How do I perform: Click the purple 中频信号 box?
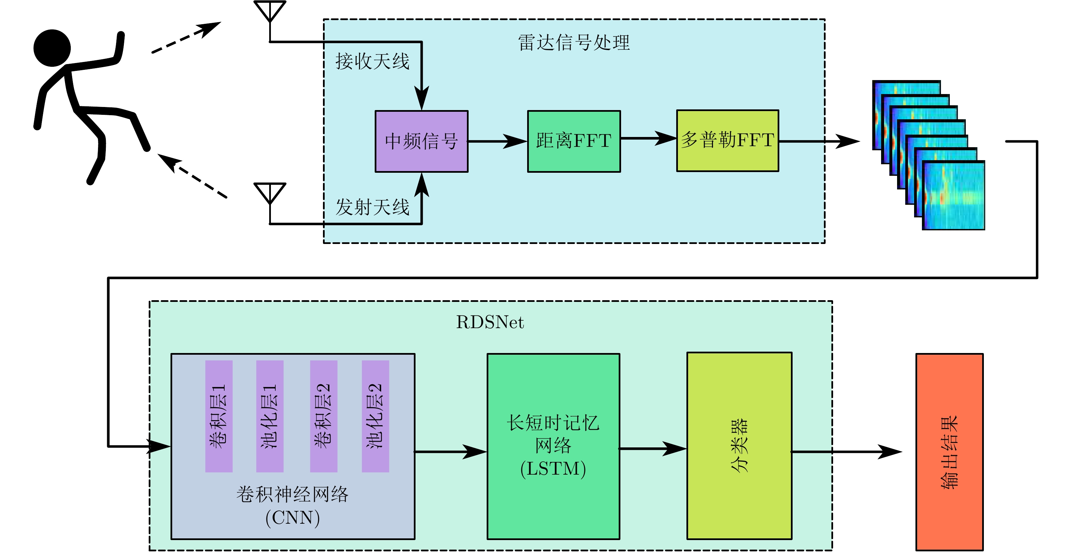pos(421,141)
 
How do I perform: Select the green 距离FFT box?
pos(574,141)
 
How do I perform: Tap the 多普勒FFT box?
pos(728,140)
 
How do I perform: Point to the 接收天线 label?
pos(372,62)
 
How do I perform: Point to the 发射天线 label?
pos(372,207)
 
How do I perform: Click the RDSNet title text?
pos(490,322)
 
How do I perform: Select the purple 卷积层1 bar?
pos(219,416)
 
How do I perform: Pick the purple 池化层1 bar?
pos(270,416)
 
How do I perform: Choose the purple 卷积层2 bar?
pos(323,416)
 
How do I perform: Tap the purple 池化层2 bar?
pos(375,416)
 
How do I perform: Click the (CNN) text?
pos(293,518)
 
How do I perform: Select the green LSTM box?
pos(553,446)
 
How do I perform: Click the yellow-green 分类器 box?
pos(739,446)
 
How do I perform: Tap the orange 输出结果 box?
pos(949,452)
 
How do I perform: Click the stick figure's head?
pos(52,48)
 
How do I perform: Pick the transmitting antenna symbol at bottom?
pos(270,193)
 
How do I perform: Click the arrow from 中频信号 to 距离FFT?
pos(498,141)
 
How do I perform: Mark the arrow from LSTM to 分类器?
pos(653,449)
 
